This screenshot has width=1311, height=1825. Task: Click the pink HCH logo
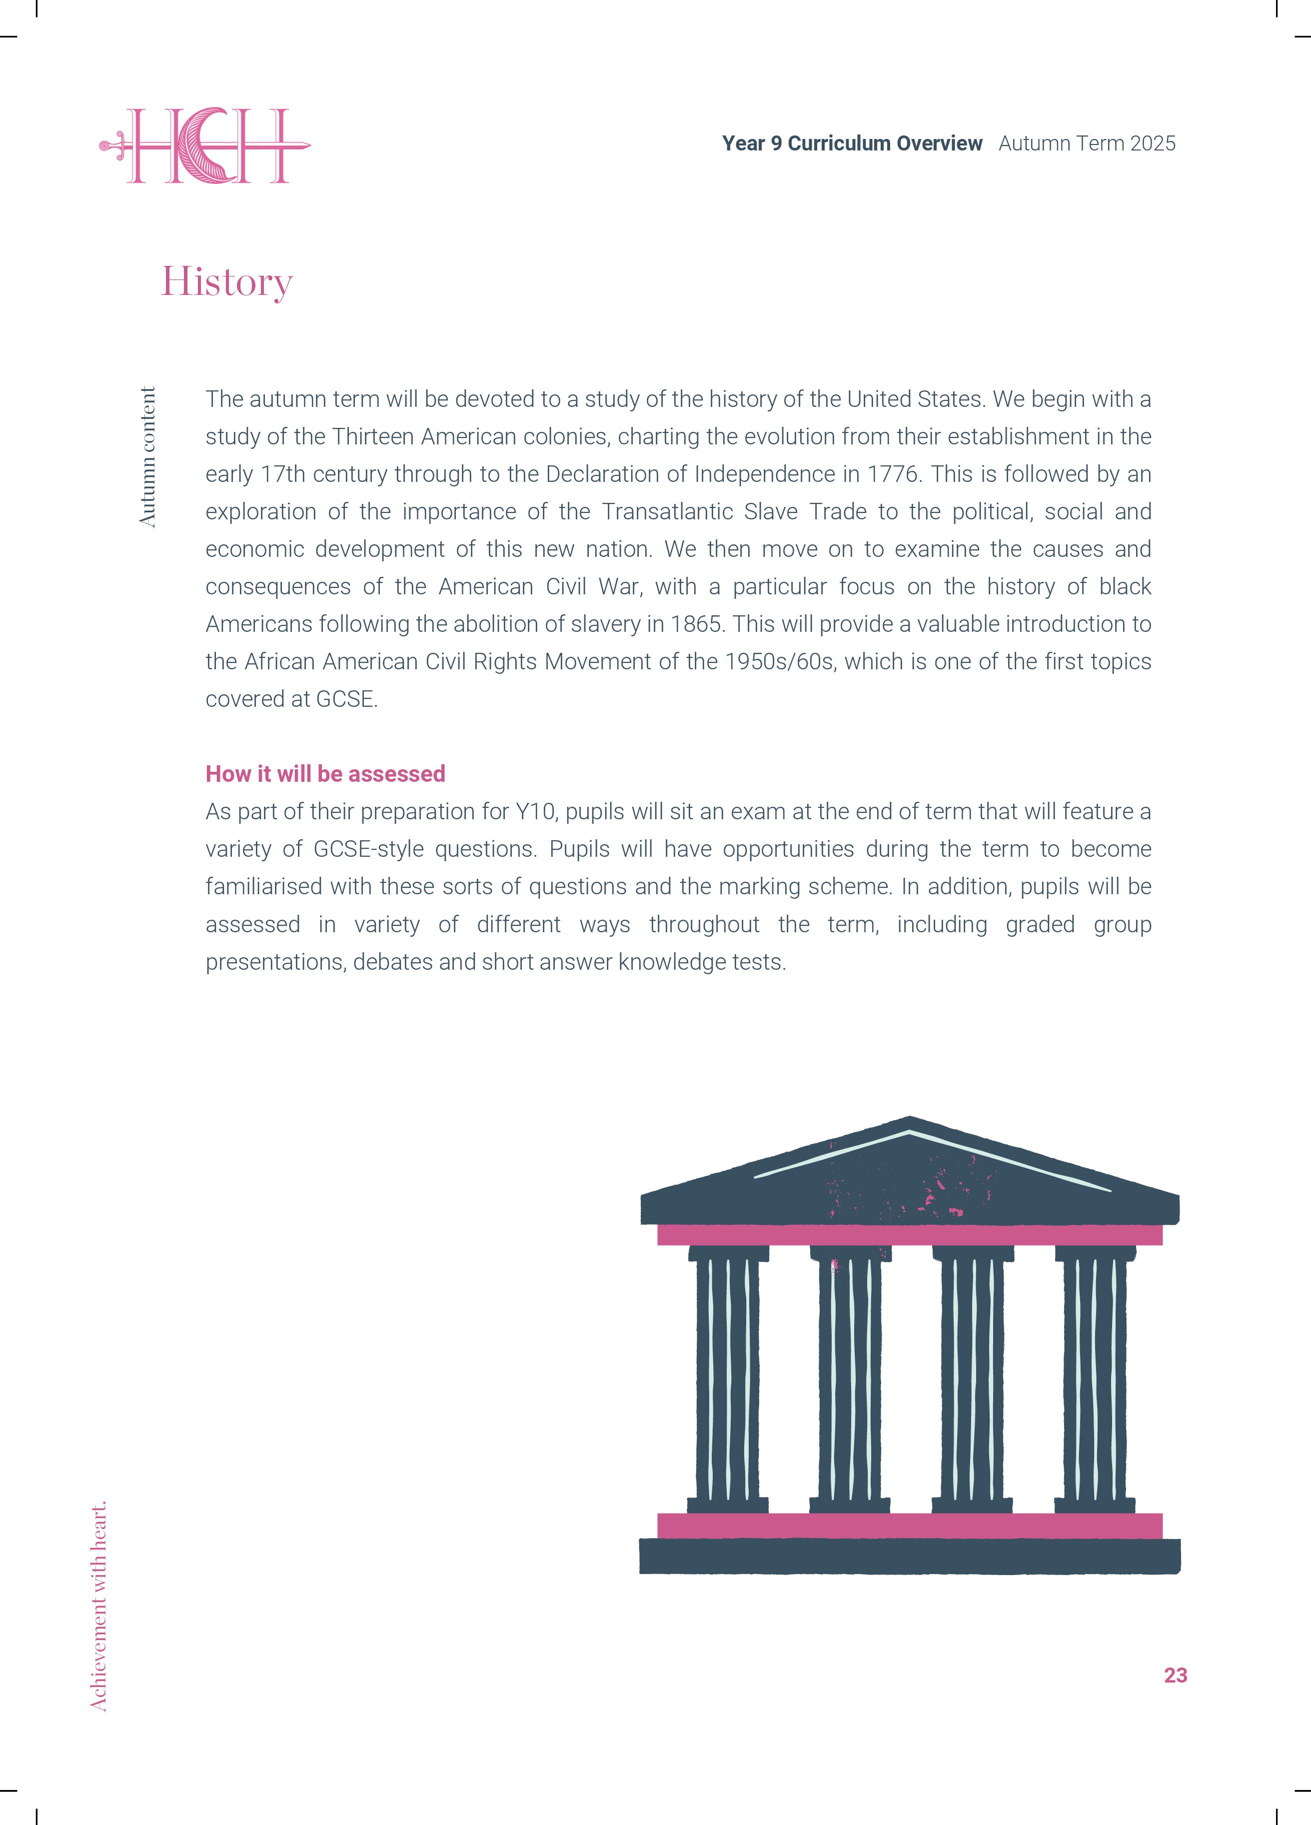[x=206, y=145]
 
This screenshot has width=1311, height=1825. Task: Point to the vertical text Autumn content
[x=147, y=457]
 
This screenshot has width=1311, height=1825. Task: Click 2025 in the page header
[x=1153, y=143]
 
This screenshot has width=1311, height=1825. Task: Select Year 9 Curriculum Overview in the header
[x=852, y=143]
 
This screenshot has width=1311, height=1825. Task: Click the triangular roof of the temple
[x=910, y=1175]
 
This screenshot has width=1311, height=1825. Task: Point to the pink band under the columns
[x=910, y=1525]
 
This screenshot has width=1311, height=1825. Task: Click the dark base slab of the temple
[x=910, y=1556]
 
